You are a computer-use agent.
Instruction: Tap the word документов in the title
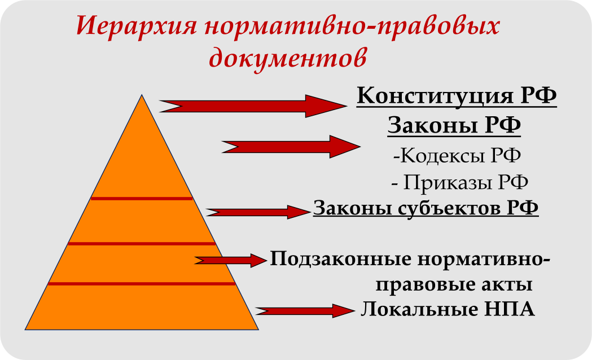coord(287,57)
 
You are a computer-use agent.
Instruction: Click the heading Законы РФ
coord(454,125)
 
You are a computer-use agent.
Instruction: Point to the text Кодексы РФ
coord(457,155)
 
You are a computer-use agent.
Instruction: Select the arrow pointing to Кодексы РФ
coord(291,146)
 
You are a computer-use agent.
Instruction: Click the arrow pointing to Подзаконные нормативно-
coord(230,260)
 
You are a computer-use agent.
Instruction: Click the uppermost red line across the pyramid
coord(142,199)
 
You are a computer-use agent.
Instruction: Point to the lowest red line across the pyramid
coord(142,283)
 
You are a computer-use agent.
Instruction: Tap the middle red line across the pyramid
coord(142,244)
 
